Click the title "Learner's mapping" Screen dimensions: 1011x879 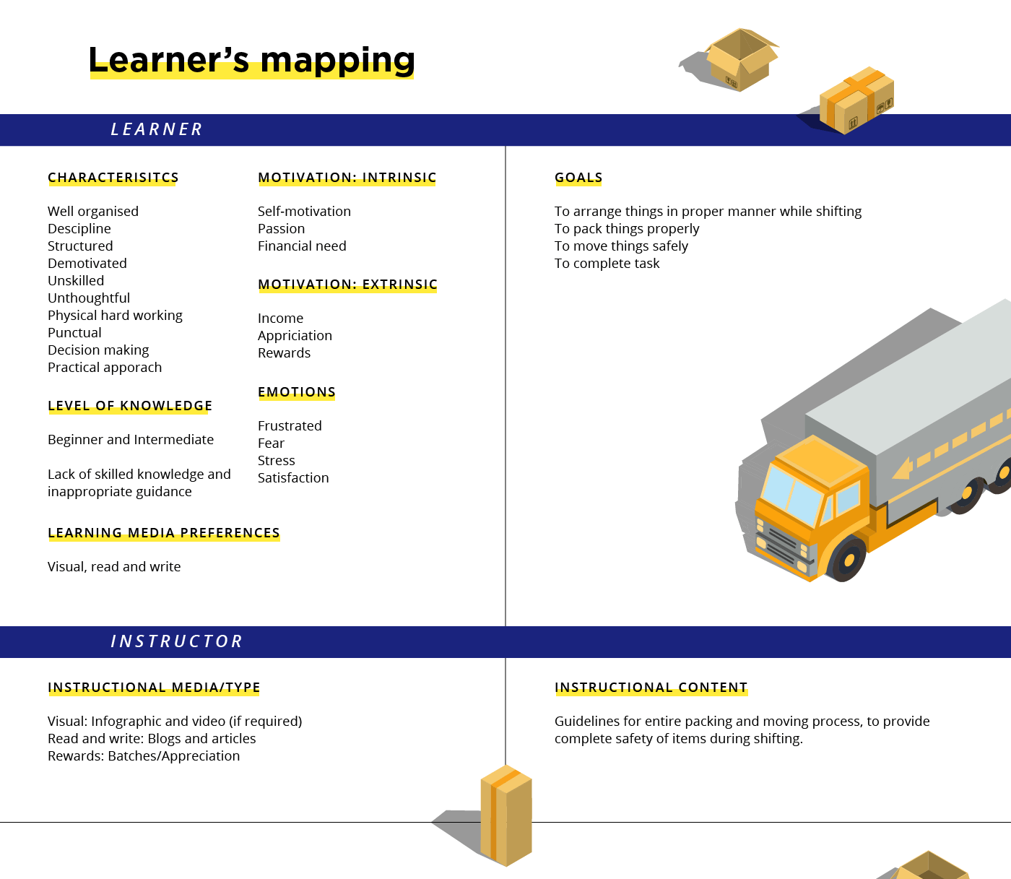(251, 61)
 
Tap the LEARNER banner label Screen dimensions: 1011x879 (157, 129)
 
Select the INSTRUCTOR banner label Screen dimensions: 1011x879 (176, 641)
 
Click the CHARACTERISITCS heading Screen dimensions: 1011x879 (113, 178)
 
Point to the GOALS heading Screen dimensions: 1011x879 (578, 178)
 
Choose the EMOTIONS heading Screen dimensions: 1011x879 (297, 391)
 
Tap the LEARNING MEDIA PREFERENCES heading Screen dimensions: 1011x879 (164, 532)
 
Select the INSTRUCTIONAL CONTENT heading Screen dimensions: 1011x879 (651, 688)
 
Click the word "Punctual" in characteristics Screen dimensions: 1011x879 (74, 332)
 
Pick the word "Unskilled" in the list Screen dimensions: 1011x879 (76, 281)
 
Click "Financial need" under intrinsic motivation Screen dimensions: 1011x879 (302, 246)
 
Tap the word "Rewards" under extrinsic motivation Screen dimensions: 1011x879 (284, 352)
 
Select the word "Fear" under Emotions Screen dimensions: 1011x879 (272, 443)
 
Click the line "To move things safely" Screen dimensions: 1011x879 (621, 246)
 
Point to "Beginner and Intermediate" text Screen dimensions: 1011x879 (131, 440)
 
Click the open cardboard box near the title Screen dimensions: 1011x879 (740, 60)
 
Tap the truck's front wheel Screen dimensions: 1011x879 (847, 559)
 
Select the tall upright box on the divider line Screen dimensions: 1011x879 (506, 815)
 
